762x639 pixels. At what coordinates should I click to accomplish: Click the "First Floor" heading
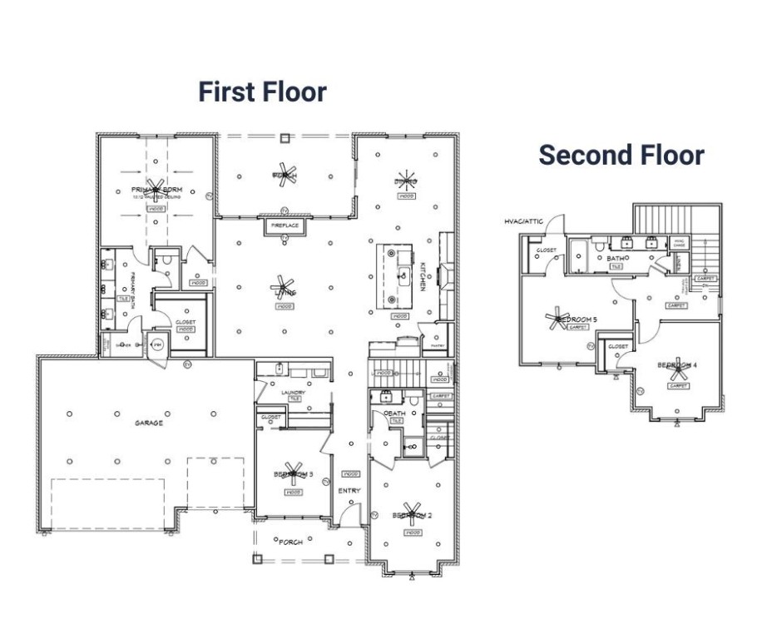click(x=262, y=92)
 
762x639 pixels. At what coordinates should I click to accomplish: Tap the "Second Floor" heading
click(x=621, y=155)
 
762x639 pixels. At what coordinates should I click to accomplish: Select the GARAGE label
click(x=149, y=423)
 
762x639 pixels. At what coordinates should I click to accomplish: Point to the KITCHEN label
click(x=423, y=276)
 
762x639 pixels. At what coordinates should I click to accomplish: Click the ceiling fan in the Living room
click(x=283, y=287)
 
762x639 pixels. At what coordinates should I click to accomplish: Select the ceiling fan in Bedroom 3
click(x=293, y=471)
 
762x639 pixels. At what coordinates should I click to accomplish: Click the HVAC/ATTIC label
click(x=523, y=221)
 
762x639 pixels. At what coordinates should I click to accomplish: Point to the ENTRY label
click(x=349, y=491)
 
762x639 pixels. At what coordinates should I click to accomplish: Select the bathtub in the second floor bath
click(x=579, y=254)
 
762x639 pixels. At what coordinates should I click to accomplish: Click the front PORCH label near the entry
click(x=290, y=542)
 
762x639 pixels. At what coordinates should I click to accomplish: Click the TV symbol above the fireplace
click(x=285, y=211)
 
